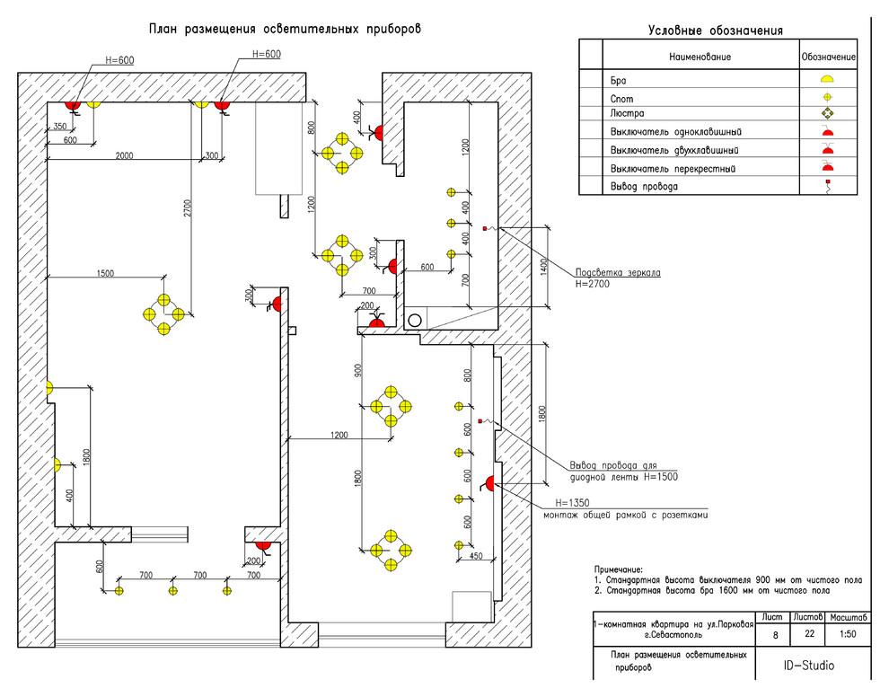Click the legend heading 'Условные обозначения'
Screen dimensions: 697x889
click(715, 31)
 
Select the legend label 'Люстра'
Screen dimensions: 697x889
click(627, 114)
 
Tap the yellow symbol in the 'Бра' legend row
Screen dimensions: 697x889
click(828, 79)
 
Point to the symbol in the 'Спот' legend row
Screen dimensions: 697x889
click(828, 96)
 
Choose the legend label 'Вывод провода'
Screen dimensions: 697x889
click(644, 187)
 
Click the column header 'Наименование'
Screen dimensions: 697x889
click(700, 57)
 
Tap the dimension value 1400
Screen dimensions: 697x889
click(543, 266)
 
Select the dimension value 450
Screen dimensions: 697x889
click(475, 555)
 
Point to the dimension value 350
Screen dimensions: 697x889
click(61, 126)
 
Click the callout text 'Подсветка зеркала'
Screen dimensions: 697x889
click(618, 271)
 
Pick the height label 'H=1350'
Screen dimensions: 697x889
click(571, 503)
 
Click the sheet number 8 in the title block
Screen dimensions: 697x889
click(775, 635)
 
